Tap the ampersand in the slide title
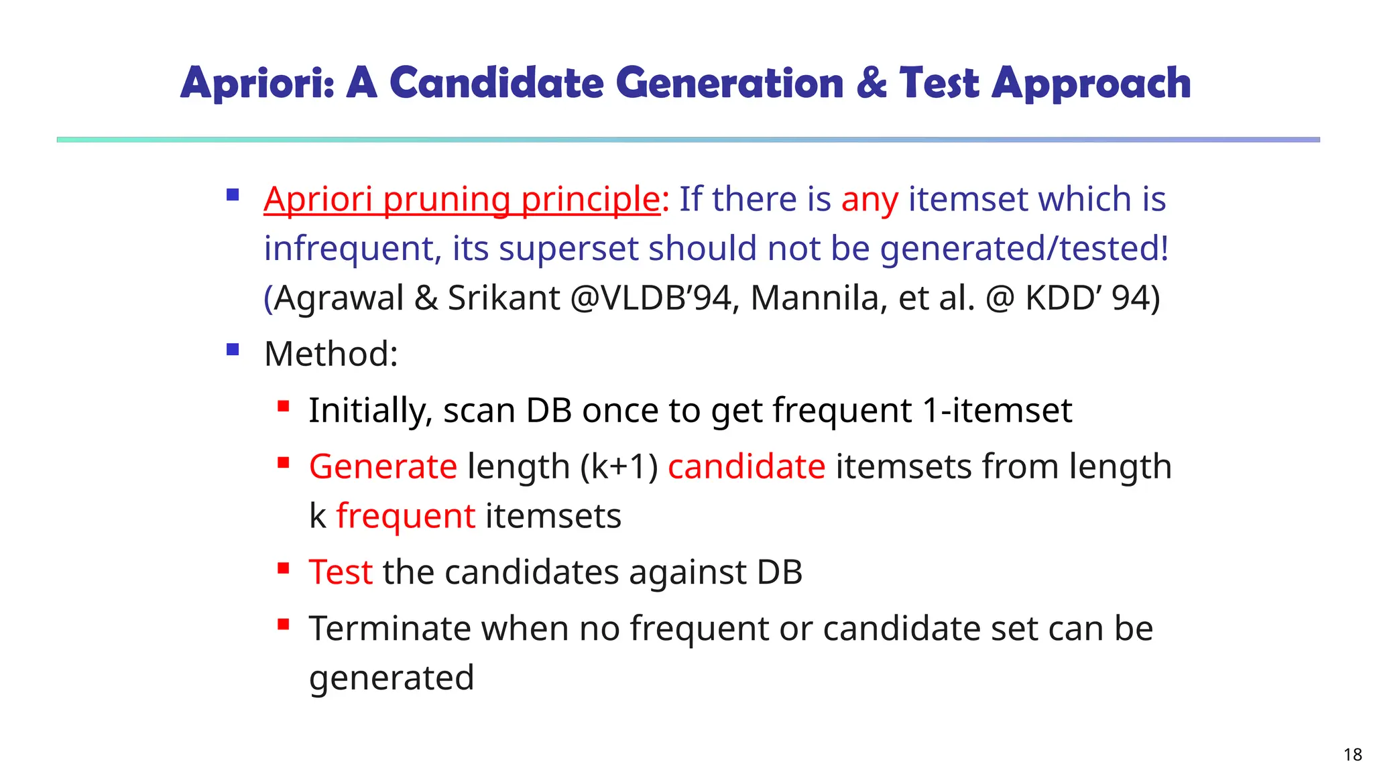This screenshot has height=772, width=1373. point(872,83)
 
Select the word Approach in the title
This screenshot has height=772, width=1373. point(1091,84)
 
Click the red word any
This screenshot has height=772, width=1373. point(870,200)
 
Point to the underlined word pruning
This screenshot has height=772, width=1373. point(446,200)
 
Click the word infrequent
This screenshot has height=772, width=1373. point(352,249)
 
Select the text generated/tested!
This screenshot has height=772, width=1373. point(1024,249)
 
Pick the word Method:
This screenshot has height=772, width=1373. point(331,354)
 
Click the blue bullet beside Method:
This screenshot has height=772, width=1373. point(233,349)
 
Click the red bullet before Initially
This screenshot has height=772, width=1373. point(283,405)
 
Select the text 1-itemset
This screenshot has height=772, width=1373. point(997,410)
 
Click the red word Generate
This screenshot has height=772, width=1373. point(383,466)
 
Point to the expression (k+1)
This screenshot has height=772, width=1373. point(619,466)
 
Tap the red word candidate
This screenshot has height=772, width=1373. point(746,466)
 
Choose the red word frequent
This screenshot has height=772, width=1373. point(406,516)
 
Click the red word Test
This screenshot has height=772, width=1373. point(341,572)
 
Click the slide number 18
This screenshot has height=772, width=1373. point(1352,755)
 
